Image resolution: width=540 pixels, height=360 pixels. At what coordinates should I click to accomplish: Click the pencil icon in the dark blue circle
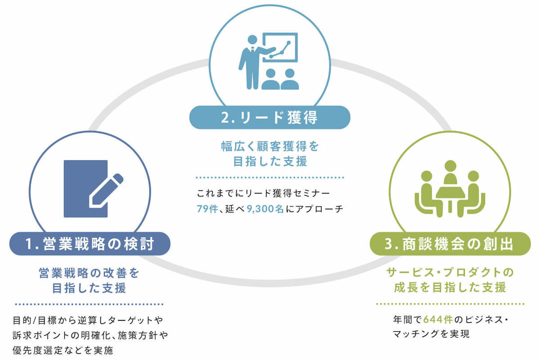pos(106,190)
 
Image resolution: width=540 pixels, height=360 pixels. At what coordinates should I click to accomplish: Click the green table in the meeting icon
pos(450,198)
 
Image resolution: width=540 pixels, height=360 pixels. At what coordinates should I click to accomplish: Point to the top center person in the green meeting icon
pos(450,172)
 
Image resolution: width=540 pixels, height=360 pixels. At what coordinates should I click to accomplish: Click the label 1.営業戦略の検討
pos(90,244)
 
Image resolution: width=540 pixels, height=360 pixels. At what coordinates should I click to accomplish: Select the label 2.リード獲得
pos(270,117)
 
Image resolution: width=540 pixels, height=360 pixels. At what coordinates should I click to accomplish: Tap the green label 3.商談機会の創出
pos(450,244)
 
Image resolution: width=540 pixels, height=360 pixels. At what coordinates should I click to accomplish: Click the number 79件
pos(207,209)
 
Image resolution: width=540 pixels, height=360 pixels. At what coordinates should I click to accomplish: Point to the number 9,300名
pos(265,209)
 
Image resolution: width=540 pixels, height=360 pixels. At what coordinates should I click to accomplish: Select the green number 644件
pos(438,320)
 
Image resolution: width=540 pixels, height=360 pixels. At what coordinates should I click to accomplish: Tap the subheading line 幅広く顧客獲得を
pos(270,146)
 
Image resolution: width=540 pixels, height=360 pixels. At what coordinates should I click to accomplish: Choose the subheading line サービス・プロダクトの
pos(450,272)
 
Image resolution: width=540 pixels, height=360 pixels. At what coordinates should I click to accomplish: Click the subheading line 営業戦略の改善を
pos(89,273)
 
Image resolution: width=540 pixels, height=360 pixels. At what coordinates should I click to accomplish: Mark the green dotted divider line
pos(450,304)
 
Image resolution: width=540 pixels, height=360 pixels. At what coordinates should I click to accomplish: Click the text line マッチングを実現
pos(431,334)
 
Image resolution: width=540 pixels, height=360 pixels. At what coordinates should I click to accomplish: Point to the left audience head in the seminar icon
pos(270,73)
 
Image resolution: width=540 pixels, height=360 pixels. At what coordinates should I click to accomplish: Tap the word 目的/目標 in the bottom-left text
pos(35,320)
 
